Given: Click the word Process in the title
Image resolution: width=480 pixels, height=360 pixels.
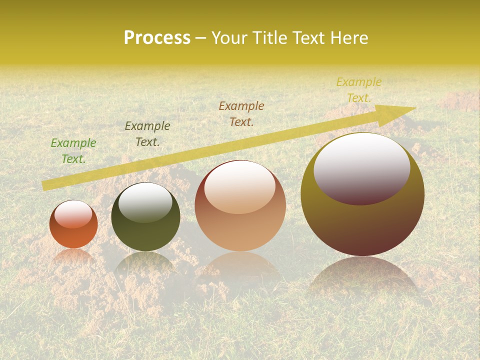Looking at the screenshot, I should click(157, 38).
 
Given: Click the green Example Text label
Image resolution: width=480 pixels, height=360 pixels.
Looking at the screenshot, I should click(73, 151).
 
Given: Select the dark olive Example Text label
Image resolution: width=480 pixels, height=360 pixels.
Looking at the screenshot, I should click(147, 134).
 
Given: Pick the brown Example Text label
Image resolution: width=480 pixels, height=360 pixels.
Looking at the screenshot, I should click(241, 114).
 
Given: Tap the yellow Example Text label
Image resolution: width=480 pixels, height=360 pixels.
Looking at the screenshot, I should click(359, 90).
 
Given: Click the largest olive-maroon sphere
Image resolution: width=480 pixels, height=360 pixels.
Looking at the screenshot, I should click(362, 225).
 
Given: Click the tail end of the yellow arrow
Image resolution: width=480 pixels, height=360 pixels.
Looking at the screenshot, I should click(46, 185).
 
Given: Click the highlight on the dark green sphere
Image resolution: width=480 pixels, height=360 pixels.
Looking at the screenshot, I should click(145, 202).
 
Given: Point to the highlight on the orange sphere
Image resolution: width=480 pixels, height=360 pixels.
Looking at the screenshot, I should click(73, 214).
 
